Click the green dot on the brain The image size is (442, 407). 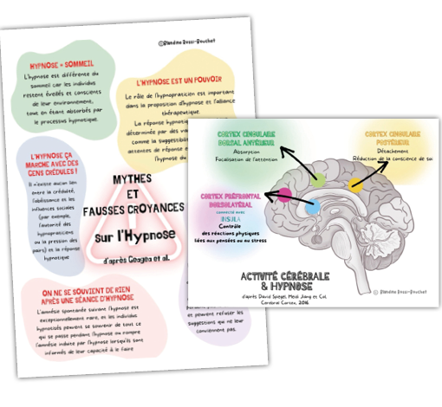click(320, 179)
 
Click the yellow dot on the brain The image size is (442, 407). click(354, 184)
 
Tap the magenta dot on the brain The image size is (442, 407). click(284, 194)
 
